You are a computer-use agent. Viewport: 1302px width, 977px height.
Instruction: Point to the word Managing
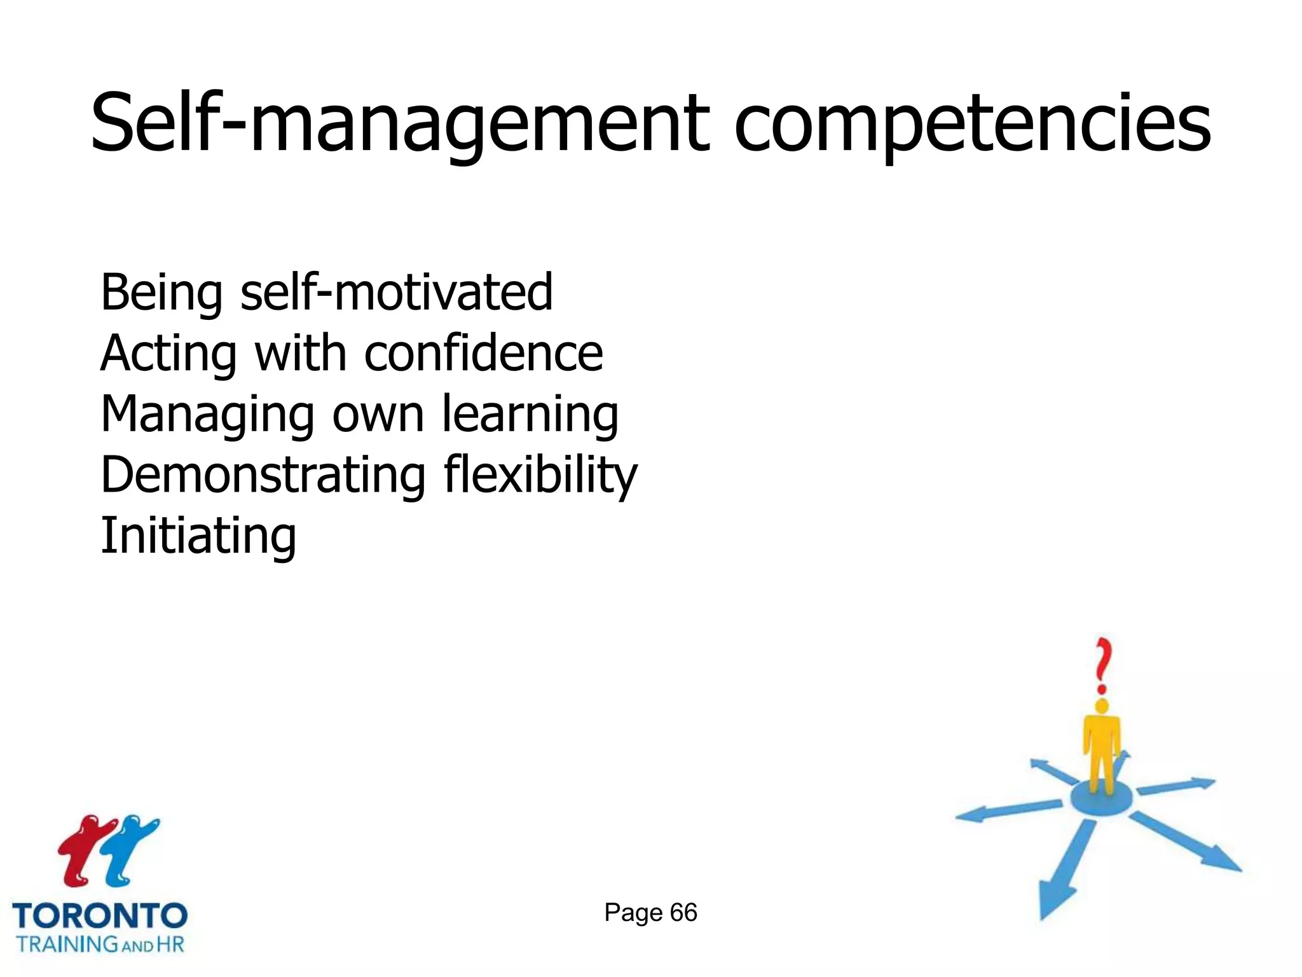(x=207, y=414)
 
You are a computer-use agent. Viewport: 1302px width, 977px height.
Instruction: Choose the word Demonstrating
(x=263, y=475)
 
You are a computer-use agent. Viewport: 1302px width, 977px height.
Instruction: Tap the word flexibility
(x=540, y=475)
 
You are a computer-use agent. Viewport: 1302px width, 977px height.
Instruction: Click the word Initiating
(x=198, y=536)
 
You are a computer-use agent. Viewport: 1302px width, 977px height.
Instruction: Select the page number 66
(x=683, y=913)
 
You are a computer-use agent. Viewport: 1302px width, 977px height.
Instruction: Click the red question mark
(x=1104, y=665)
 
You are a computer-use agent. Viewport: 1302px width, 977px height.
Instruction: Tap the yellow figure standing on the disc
(x=1102, y=751)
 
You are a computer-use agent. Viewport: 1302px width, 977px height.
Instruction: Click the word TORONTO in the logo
(x=100, y=916)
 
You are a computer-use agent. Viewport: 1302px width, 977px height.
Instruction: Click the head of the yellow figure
(x=1102, y=706)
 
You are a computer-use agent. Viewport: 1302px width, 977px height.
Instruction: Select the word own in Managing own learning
(x=378, y=414)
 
